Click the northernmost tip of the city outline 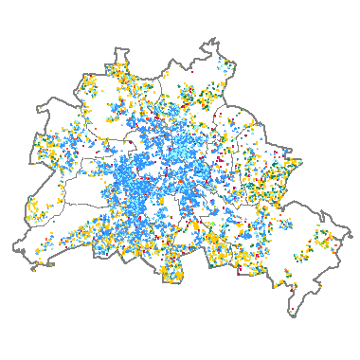click(215, 39)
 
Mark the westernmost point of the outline click(13, 248)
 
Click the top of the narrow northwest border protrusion click(118, 48)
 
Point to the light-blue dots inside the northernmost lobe click(225, 66)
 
